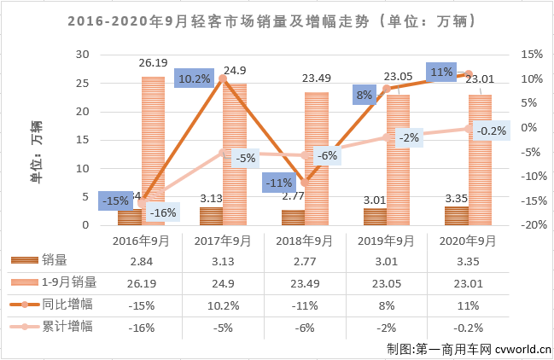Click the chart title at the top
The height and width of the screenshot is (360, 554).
(277, 18)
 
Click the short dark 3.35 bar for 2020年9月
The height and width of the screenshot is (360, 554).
(457, 215)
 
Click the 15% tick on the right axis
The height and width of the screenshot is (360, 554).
(529, 54)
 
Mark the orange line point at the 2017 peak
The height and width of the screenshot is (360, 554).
(224, 78)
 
